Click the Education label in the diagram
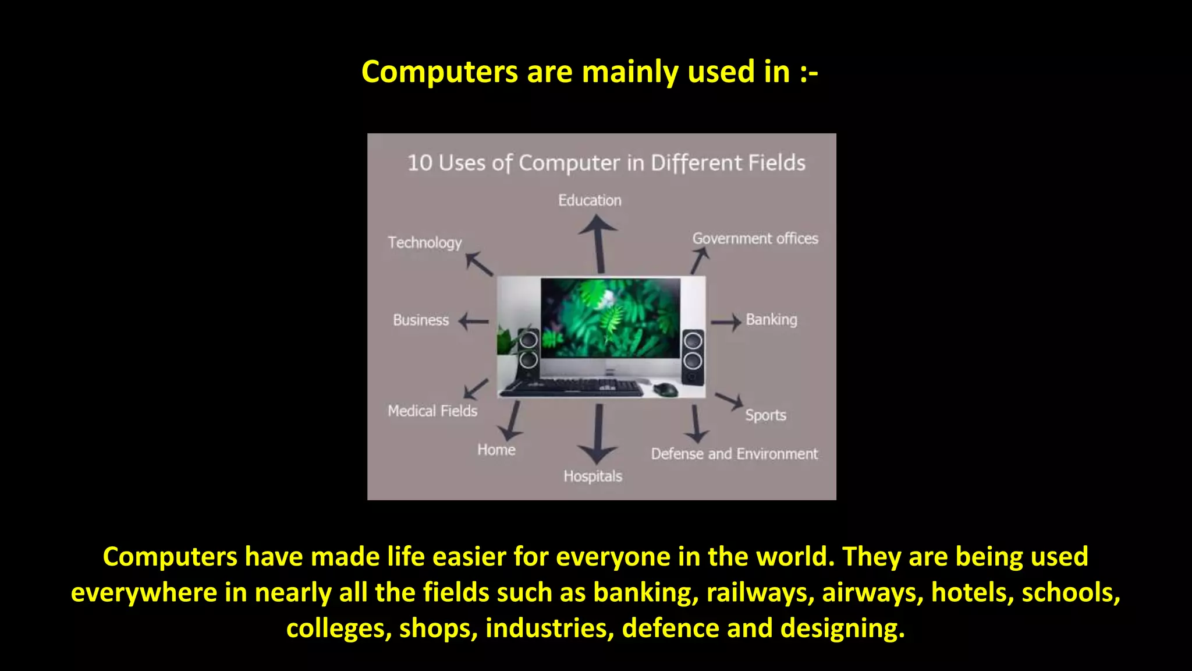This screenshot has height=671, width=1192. point(590,200)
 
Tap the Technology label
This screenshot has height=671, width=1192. point(425,242)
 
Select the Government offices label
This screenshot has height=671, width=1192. point(755,239)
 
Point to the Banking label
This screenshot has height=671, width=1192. point(771,320)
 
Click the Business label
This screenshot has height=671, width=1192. point(421,320)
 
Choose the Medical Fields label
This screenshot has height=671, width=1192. point(432,411)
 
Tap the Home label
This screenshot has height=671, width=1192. point(496,450)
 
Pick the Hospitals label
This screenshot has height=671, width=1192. point(593,476)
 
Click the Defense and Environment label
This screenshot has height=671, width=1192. point(734,454)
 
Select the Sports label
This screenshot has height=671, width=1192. point(765,415)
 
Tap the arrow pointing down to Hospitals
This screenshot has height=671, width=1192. point(598,434)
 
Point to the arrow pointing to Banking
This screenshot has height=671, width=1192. point(725,322)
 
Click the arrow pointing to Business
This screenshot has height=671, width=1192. point(474,321)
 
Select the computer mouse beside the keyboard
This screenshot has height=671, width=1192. point(665,389)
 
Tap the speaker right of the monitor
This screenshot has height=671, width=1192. point(693,356)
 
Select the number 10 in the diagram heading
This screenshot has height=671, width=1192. point(420,163)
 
